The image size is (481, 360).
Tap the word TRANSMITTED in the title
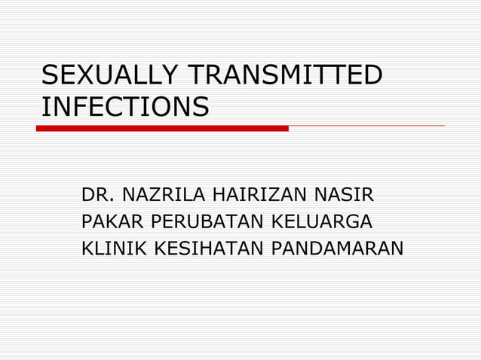click(x=285, y=76)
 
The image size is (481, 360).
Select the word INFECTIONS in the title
click(x=124, y=107)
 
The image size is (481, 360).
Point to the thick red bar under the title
click(x=162, y=128)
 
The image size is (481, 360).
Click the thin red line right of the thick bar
click(x=366, y=126)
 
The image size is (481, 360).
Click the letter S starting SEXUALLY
click(x=50, y=76)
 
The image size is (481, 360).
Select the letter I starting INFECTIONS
click(x=44, y=107)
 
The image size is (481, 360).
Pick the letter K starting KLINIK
click(x=87, y=247)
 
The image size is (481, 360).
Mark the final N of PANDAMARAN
click(x=397, y=247)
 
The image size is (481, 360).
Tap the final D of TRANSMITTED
click(x=373, y=76)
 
